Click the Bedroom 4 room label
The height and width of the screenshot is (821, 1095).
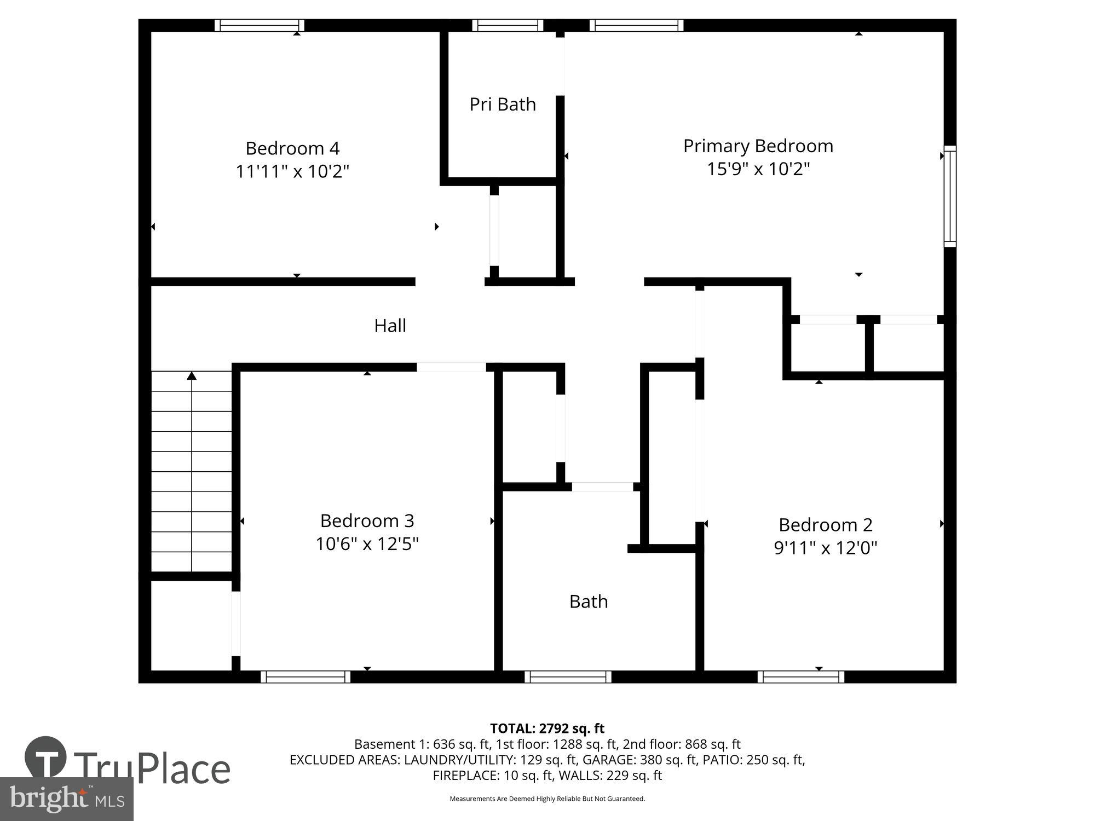[x=292, y=148]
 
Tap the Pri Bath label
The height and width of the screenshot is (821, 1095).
[x=502, y=104]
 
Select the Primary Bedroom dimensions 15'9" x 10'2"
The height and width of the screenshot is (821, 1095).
[x=758, y=169]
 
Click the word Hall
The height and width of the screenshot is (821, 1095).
[x=390, y=326]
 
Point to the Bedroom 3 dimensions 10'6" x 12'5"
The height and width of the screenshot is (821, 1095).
[x=367, y=544]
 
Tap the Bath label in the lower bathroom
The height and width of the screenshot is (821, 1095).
[x=588, y=602]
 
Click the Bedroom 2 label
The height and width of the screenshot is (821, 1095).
[x=825, y=524]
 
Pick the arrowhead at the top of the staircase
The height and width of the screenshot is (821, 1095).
[x=192, y=375]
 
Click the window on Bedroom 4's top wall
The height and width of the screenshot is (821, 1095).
[x=259, y=25]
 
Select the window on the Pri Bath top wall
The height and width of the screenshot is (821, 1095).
[x=508, y=25]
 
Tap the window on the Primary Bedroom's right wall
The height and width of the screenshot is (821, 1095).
[x=950, y=196]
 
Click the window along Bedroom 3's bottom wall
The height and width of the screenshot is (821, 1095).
[x=305, y=677]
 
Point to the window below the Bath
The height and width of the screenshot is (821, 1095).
[x=568, y=677]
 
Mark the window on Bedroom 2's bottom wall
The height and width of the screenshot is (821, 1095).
[x=800, y=677]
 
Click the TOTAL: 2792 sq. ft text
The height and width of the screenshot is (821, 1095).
[x=547, y=729]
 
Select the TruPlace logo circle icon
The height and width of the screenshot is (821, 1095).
[x=45, y=758]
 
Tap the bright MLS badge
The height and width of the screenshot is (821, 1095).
[x=67, y=799]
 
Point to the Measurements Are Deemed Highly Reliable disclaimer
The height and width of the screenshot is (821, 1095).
[x=547, y=799]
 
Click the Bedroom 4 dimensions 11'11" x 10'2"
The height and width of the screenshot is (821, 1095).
[x=292, y=171]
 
